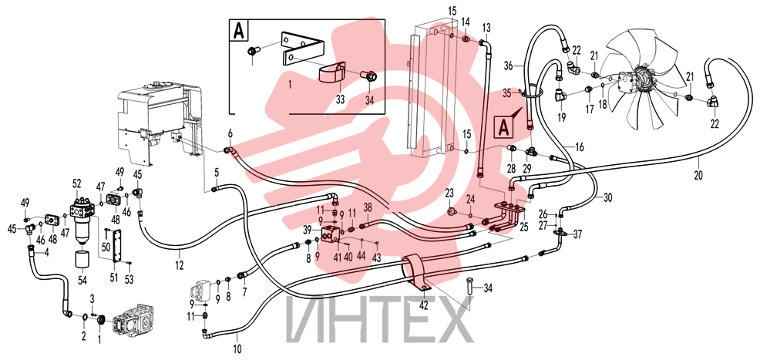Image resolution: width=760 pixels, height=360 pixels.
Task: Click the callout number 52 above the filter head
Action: tap(76, 183)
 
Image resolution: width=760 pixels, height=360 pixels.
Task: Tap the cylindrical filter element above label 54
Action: tap(83, 261)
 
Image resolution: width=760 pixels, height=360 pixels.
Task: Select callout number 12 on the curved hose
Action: tap(180, 265)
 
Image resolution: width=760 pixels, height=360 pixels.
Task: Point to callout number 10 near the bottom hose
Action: tap(237, 348)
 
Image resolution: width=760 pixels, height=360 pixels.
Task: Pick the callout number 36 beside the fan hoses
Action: tap(508, 65)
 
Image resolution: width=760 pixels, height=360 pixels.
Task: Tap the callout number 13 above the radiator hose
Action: tap(486, 26)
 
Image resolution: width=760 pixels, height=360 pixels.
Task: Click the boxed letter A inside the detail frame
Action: tap(238, 30)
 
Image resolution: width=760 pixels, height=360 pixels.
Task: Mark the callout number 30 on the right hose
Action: tap(608, 197)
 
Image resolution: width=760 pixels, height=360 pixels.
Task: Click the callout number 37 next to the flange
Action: tap(577, 235)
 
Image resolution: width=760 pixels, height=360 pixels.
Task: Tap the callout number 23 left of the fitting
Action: tap(449, 192)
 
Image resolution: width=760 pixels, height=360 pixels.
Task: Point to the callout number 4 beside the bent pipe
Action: tap(46, 251)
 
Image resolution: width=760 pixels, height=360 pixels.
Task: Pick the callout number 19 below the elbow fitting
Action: tap(562, 116)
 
